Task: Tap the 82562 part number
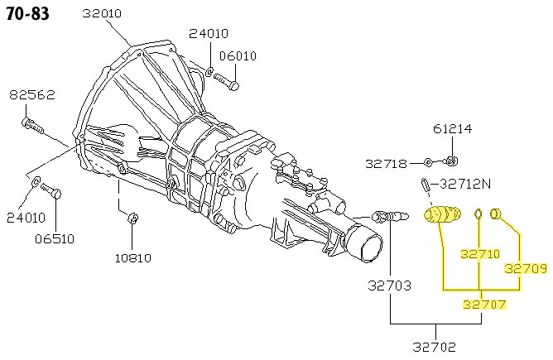32,95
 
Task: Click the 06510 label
53,239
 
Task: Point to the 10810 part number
132,257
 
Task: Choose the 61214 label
452,129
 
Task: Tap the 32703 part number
390,287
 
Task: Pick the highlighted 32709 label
526,268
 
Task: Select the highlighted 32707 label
483,305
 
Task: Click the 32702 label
434,346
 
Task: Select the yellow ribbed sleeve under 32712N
443,216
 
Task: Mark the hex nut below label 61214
452,160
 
